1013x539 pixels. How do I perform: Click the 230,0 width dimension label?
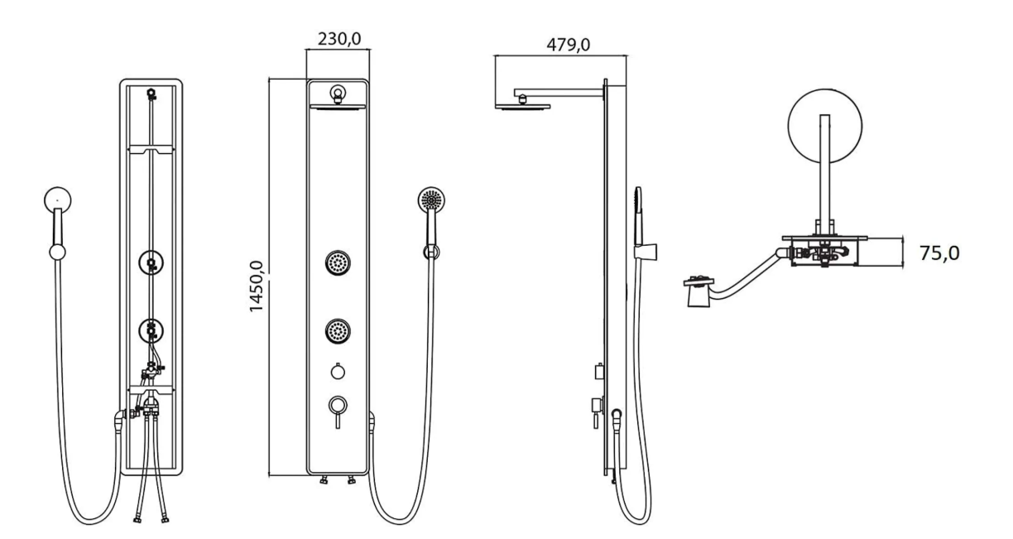pos(339,39)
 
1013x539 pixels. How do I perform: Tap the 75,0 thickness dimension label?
pos(940,253)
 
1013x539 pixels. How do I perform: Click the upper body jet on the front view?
pos(338,264)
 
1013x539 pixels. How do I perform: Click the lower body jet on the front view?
pos(338,332)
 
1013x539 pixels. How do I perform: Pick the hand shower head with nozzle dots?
pos(431,200)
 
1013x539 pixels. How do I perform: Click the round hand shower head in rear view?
pos(57,199)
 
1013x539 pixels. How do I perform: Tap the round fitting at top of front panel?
pos(338,93)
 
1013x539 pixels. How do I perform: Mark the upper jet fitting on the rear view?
pos(151,264)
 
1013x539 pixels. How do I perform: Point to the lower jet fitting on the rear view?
pos(151,332)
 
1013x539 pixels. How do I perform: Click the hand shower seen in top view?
pos(701,291)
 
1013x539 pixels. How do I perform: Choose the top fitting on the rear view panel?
pos(151,94)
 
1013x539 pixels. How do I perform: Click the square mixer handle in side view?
pos(594,405)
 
